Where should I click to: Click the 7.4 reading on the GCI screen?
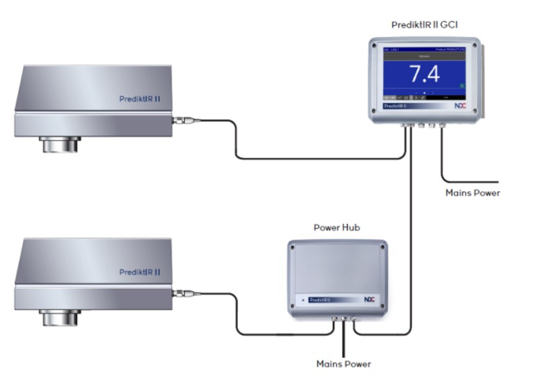423,74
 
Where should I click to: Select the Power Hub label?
337,228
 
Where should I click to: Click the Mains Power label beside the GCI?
472,192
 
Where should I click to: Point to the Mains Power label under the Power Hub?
343,364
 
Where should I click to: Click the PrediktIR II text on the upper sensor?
139,99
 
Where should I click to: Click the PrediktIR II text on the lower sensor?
139,272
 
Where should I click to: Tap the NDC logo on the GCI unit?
460,105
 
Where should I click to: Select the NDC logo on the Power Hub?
369,300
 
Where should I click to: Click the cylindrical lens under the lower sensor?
59,318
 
